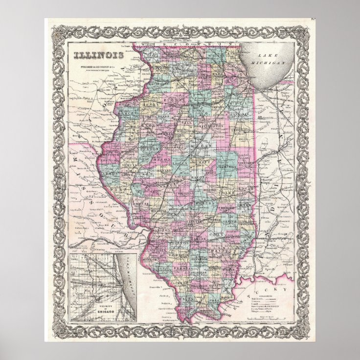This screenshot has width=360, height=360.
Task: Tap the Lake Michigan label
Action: pos(267,60)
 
